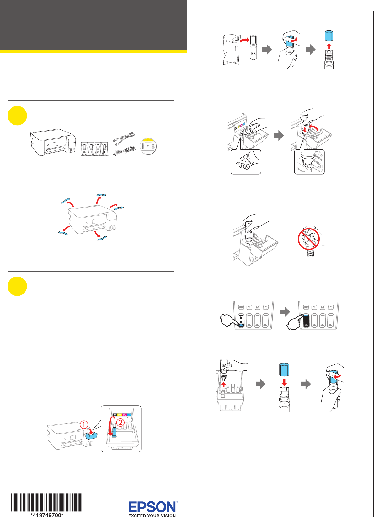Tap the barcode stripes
[x=47, y=502]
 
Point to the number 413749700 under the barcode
[x=47, y=515]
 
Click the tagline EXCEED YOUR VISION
[x=152, y=516]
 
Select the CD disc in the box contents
[x=148, y=146]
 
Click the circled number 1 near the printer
[x=84, y=425]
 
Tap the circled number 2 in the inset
[x=120, y=423]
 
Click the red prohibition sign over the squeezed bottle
[x=309, y=239]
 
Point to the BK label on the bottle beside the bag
[x=254, y=54]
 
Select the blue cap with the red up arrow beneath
[x=329, y=36]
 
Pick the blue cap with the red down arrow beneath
[x=284, y=369]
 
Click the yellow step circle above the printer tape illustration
[x=17, y=116]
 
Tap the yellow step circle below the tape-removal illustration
[x=17, y=286]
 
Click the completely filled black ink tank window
[x=306, y=321]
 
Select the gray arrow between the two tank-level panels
[x=285, y=312]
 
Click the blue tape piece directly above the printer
[x=101, y=195]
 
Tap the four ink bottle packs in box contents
[x=94, y=149]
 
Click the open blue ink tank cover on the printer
[x=92, y=435]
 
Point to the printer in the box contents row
[x=53, y=142]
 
